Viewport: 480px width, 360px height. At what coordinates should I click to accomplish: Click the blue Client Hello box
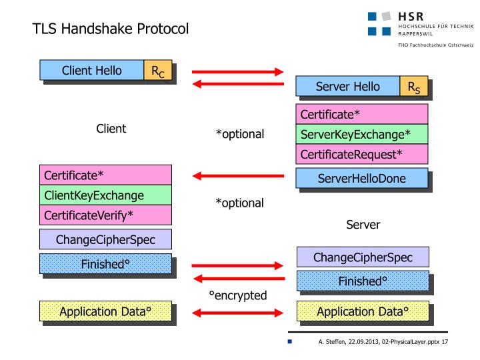[92, 70]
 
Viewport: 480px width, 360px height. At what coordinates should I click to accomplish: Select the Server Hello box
[347, 87]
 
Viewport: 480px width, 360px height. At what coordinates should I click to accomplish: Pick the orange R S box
[413, 87]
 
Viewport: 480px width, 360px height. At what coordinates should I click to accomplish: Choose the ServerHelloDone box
[361, 178]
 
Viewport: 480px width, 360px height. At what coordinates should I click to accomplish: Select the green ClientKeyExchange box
[105, 195]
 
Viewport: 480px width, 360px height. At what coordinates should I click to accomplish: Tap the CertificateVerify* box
[105, 215]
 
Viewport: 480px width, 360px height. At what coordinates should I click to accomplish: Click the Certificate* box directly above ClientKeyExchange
[105, 175]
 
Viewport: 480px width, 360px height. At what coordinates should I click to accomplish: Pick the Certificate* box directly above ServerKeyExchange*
[361, 115]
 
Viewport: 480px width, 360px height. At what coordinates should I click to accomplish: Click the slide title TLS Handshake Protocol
[111, 29]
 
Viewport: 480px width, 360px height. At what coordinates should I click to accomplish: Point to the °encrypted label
[238, 295]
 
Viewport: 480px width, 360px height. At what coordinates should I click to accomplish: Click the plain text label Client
[111, 129]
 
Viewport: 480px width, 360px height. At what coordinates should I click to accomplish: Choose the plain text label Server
[363, 225]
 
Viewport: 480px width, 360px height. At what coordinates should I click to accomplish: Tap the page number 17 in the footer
[443, 342]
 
